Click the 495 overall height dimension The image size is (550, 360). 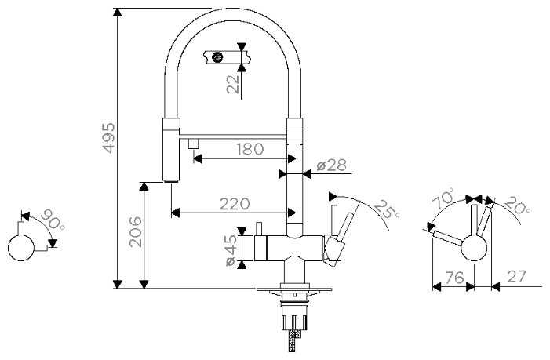(x=108, y=138)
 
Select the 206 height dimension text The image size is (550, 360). (x=136, y=232)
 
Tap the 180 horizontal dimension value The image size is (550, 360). (x=250, y=149)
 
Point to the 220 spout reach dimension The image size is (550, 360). (x=235, y=204)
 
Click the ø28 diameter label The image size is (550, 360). (x=331, y=165)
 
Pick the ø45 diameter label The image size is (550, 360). (x=232, y=250)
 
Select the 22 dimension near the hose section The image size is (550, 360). (x=233, y=84)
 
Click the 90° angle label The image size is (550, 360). (x=53, y=220)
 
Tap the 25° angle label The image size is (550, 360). (x=387, y=209)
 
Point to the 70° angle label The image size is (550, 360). (x=443, y=198)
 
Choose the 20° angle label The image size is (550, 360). (x=517, y=205)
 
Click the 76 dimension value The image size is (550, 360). (x=454, y=278)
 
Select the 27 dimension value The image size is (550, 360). (x=517, y=277)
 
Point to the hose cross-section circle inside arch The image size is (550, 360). (x=218, y=56)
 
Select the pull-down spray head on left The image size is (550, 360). (x=172, y=150)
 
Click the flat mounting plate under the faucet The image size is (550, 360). (x=294, y=289)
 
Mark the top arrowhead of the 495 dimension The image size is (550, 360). (x=118, y=12)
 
